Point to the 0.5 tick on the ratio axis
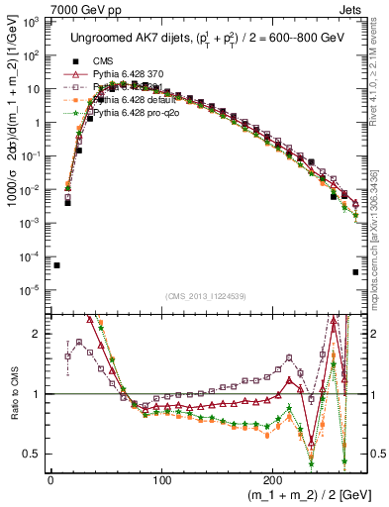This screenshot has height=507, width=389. (x=33, y=454)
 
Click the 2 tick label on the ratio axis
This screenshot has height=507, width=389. (x=37, y=334)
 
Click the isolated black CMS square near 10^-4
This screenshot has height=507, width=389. (x=56, y=265)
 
